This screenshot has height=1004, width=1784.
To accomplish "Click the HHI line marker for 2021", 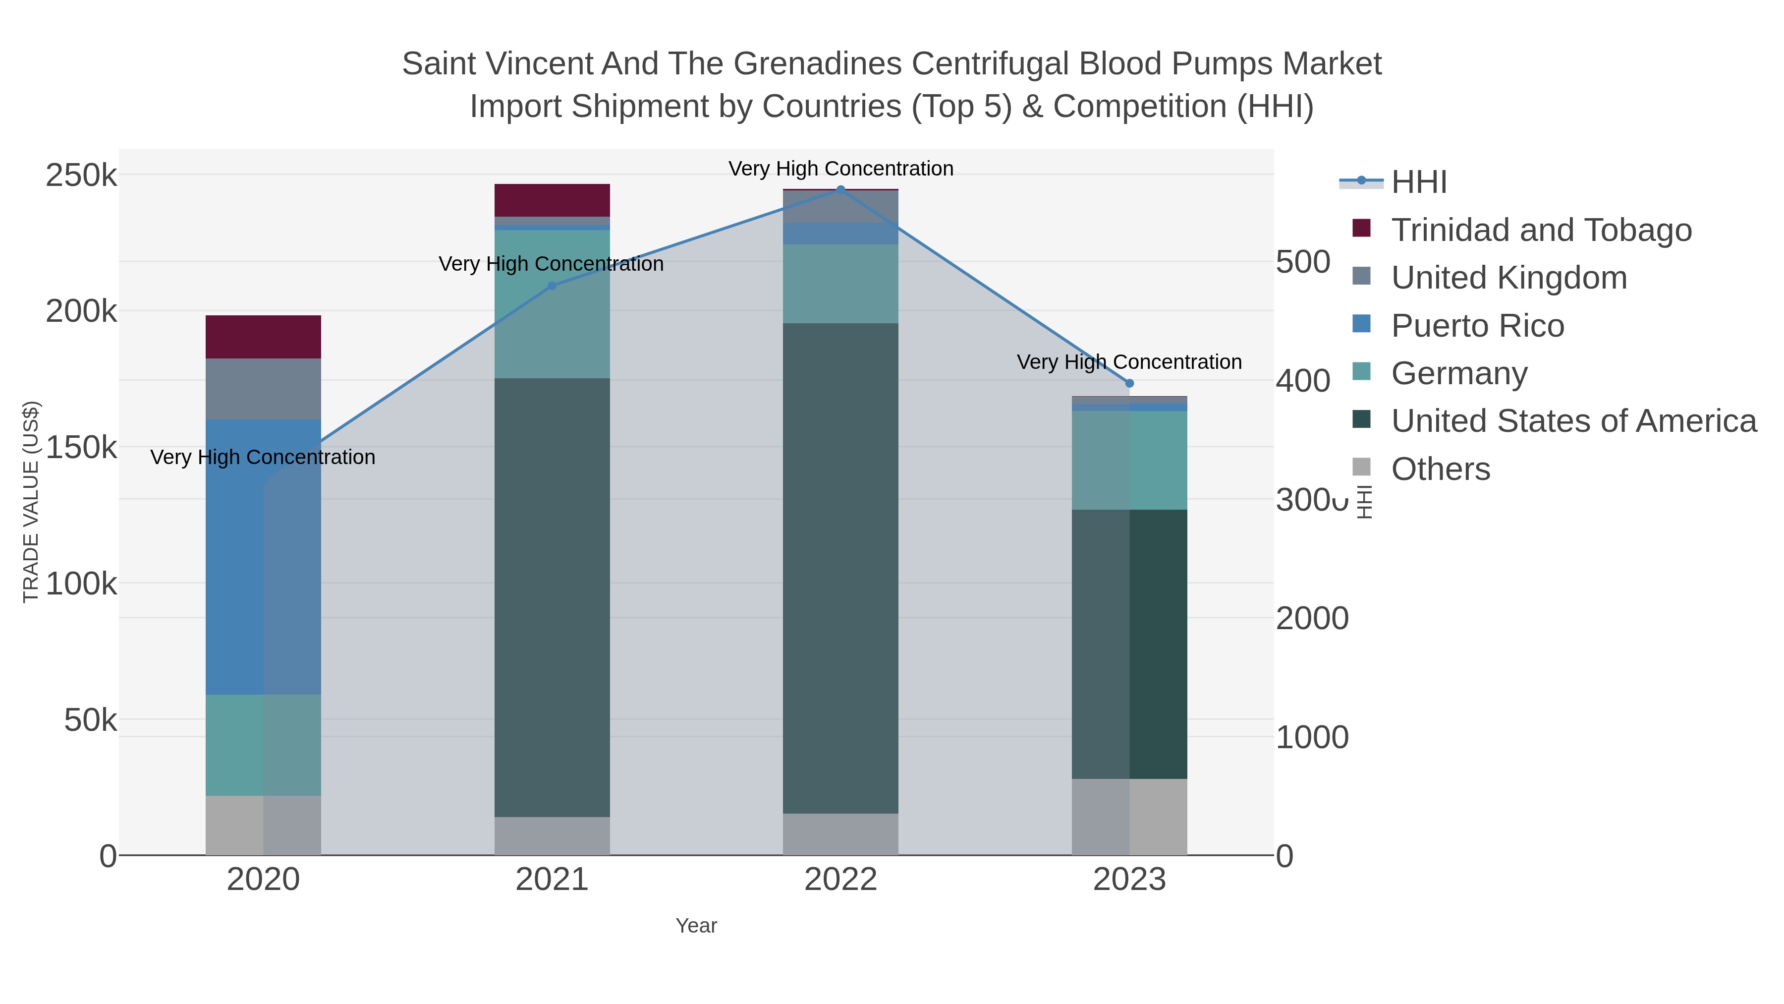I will [552, 286].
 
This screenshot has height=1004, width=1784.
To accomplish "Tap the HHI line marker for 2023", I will [1129, 383].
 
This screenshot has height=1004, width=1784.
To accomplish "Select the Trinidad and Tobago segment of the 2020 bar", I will [263, 337].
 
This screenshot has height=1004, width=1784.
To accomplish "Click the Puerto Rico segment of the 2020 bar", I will [263, 556].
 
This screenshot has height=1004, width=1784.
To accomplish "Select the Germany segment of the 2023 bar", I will [1129, 460].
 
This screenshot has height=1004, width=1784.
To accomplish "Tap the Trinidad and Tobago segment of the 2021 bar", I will [552, 200].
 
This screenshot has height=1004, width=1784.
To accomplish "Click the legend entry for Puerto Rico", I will [1477, 326].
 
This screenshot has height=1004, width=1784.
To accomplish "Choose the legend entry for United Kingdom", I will [1508, 278].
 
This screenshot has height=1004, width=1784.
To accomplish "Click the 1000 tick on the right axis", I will [1312, 737].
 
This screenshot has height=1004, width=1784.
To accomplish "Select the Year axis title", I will [696, 926].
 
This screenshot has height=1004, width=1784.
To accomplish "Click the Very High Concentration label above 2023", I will [1129, 362].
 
